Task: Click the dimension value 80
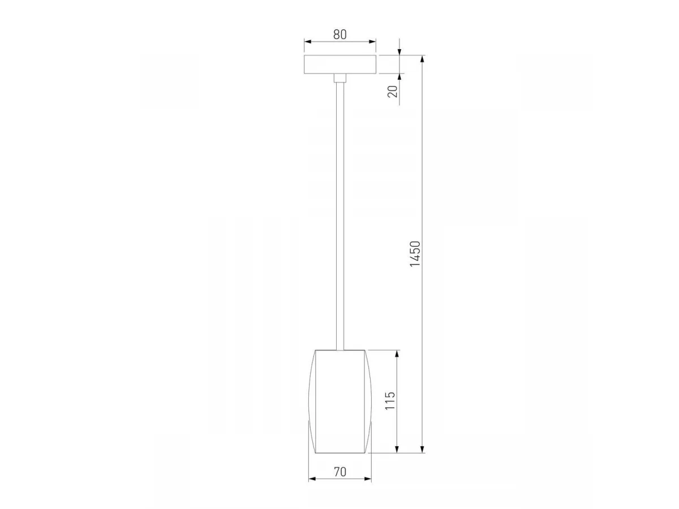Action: [339, 34]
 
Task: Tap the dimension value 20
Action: [393, 92]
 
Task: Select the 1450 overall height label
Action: [415, 254]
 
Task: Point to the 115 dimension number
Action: [390, 400]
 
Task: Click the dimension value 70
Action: [340, 472]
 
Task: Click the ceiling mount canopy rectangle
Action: [340, 64]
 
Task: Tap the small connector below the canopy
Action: [340, 78]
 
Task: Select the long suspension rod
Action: [340, 216]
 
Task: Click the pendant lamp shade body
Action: [340, 402]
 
